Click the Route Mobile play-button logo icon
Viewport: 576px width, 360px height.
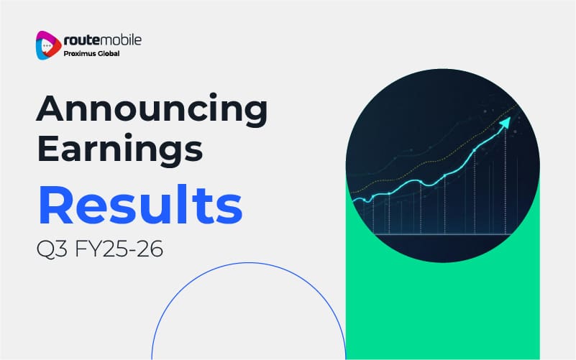48,45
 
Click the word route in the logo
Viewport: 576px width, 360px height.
81,40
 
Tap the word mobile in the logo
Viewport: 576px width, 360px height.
121,40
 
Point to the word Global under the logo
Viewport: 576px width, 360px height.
106,54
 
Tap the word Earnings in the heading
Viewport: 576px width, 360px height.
120,149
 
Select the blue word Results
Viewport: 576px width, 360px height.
140,204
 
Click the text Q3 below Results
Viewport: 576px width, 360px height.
52,249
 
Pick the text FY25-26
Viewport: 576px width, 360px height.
119,249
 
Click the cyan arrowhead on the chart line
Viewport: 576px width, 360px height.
505,123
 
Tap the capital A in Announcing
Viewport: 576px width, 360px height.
51,108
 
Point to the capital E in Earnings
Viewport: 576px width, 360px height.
47,148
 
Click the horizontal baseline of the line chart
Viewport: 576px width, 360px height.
441,234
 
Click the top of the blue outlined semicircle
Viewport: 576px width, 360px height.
249,263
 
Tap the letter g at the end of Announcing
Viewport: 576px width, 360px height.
255,114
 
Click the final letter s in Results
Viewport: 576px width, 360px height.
229,210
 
